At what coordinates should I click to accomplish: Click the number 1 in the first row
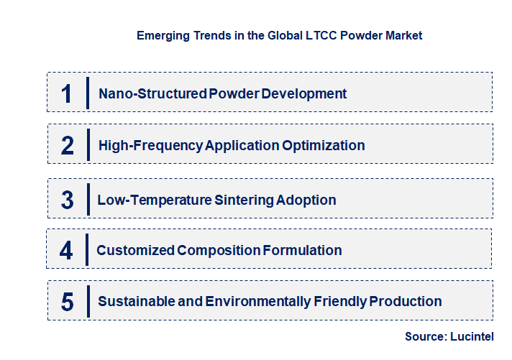click(x=67, y=93)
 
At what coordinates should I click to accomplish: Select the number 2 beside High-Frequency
click(x=68, y=145)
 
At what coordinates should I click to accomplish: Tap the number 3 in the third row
click(x=68, y=199)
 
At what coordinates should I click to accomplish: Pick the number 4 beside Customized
click(x=66, y=250)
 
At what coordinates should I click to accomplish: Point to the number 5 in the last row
click(x=67, y=302)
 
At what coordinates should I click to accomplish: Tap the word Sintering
click(x=244, y=199)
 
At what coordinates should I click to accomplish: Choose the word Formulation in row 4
click(x=302, y=250)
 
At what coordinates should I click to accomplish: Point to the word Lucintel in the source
click(x=472, y=336)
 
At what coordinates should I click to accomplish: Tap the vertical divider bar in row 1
click(x=87, y=93)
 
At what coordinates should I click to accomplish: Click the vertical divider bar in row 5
click(x=87, y=301)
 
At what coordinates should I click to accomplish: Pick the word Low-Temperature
click(x=155, y=199)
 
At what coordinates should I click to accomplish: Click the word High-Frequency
click(x=151, y=145)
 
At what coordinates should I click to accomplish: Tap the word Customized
click(x=135, y=250)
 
